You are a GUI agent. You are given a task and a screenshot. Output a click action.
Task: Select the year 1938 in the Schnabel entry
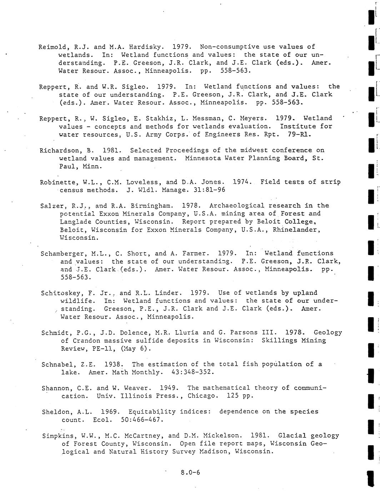click(114, 364)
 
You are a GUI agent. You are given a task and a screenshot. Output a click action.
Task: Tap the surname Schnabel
click(56, 365)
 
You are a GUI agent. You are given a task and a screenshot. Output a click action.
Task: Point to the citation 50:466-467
click(142, 420)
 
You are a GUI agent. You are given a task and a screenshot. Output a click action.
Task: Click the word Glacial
click(292, 435)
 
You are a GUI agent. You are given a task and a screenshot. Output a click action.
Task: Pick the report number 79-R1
click(299, 135)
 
